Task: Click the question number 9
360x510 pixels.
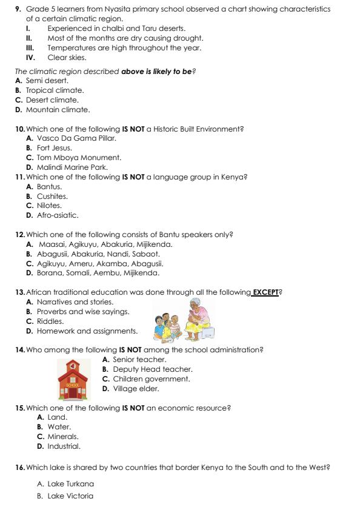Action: [18, 10]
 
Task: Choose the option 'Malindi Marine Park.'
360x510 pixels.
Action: [67, 167]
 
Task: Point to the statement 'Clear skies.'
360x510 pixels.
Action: [67, 58]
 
